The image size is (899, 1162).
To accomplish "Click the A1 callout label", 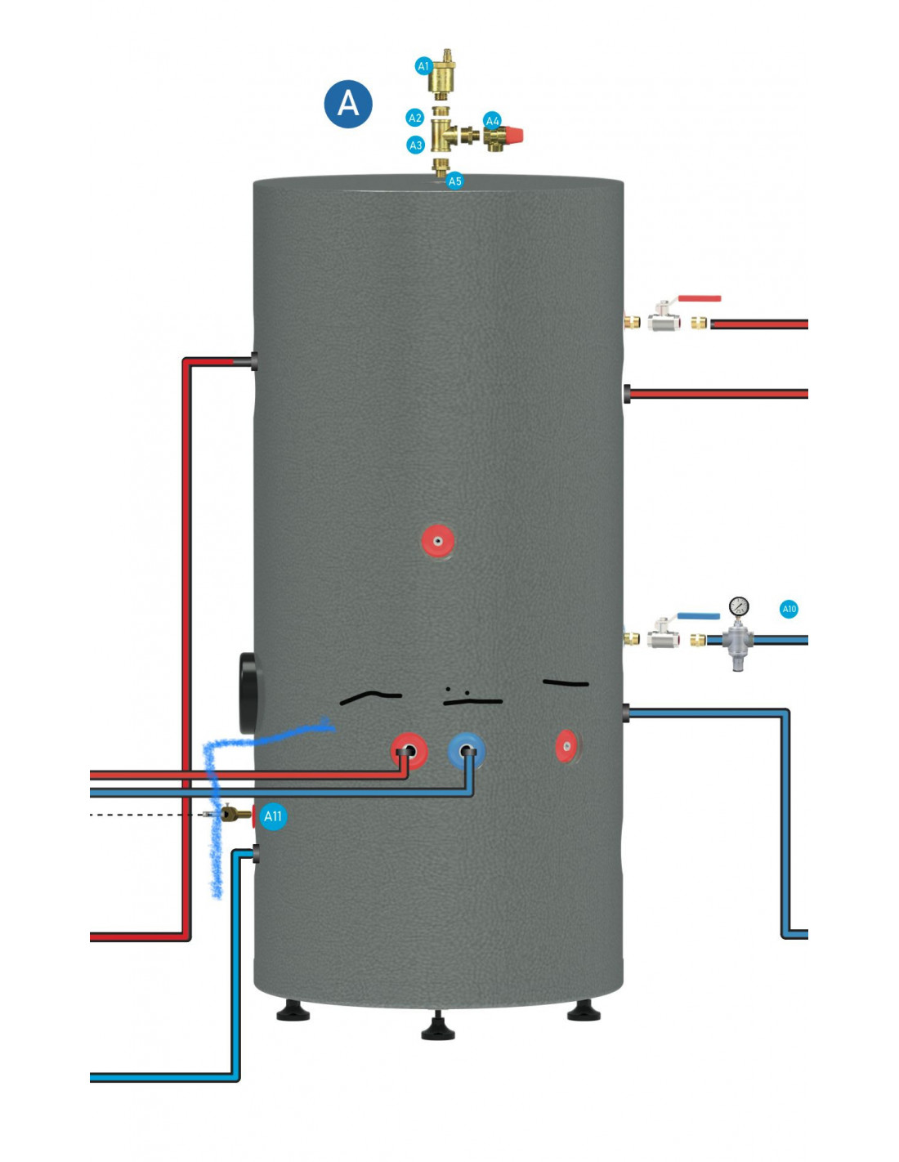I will (x=423, y=66).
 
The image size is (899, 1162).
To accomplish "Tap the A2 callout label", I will (x=415, y=118).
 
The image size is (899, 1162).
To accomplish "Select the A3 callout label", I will (x=416, y=145).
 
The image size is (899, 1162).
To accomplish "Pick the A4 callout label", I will (x=492, y=121).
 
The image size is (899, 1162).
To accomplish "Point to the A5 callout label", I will (x=454, y=181).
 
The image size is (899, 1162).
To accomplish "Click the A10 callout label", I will (x=789, y=609).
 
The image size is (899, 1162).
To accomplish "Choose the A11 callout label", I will (x=273, y=816).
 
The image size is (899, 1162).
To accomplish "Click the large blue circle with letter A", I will (x=348, y=104).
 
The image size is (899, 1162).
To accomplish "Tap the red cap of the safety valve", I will (x=514, y=135).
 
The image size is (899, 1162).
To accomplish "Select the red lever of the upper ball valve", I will (x=700, y=299).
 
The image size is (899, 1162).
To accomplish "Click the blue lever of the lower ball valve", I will (x=698, y=615).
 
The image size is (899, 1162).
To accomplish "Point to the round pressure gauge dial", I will (x=739, y=606).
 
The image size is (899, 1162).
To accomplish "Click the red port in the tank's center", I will (x=438, y=541).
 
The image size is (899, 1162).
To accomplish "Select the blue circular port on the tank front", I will (x=467, y=750).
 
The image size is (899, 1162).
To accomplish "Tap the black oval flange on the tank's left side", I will (x=249, y=693).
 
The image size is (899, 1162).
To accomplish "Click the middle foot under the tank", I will (x=438, y=1027).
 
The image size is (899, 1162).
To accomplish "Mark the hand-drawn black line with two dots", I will (x=472, y=699).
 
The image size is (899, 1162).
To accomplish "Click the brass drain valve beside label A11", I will (x=235, y=814).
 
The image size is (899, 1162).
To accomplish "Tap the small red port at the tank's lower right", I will (x=566, y=746).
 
